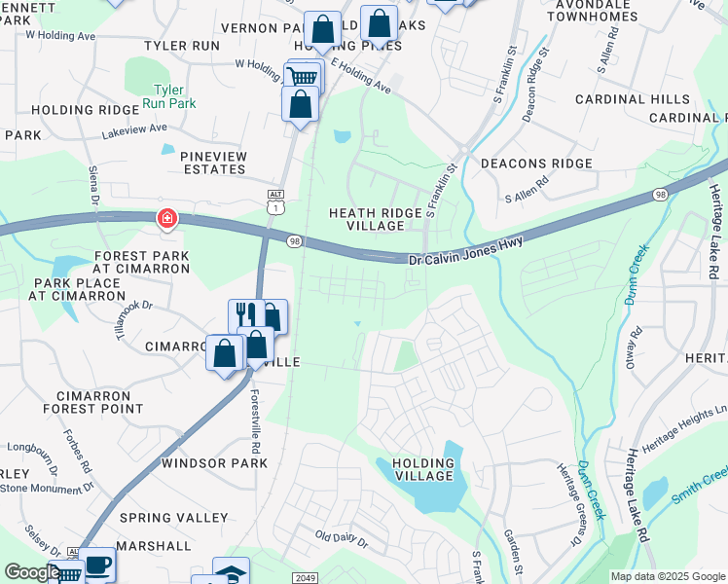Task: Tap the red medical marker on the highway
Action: pyautogui.click(x=167, y=219)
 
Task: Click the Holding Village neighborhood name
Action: pyautogui.click(x=423, y=469)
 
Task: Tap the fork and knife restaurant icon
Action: pyautogui.click(x=245, y=314)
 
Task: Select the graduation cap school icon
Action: pyautogui.click(x=231, y=572)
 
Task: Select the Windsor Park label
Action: pyautogui.click(x=214, y=463)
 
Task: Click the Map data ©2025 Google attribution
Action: pyautogui.click(x=667, y=576)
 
